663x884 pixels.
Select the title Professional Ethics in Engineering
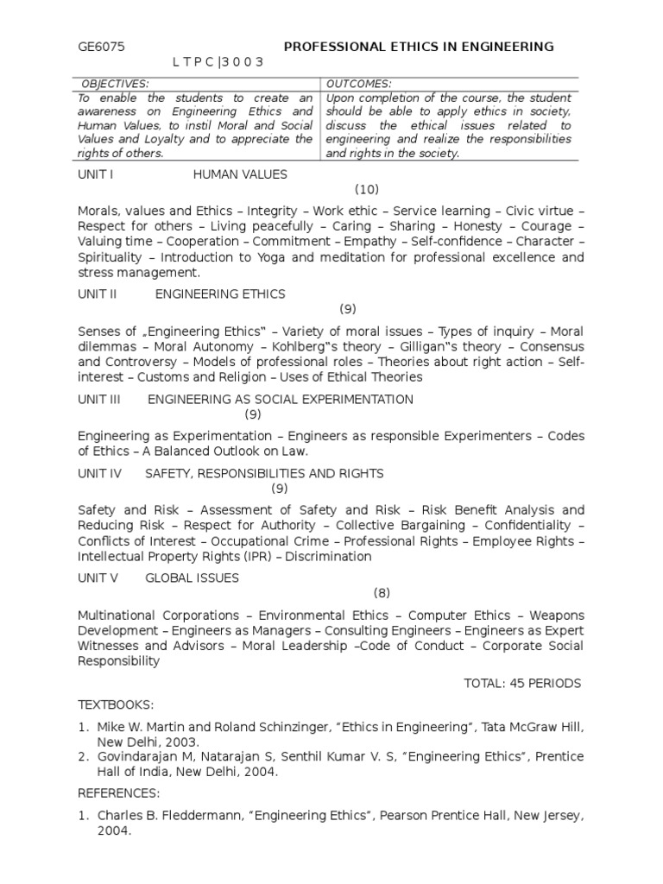click(419, 47)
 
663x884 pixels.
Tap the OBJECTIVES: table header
click(115, 84)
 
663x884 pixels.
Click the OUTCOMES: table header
click(359, 84)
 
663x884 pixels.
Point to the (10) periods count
click(367, 190)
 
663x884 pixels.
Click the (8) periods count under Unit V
click(382, 593)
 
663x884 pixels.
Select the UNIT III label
click(98, 399)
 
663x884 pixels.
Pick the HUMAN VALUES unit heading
click(240, 174)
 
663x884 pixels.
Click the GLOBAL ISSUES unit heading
click(192, 578)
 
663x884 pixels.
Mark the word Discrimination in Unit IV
click(328, 557)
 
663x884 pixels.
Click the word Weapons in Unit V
click(557, 616)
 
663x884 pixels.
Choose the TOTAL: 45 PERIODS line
click(522, 683)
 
